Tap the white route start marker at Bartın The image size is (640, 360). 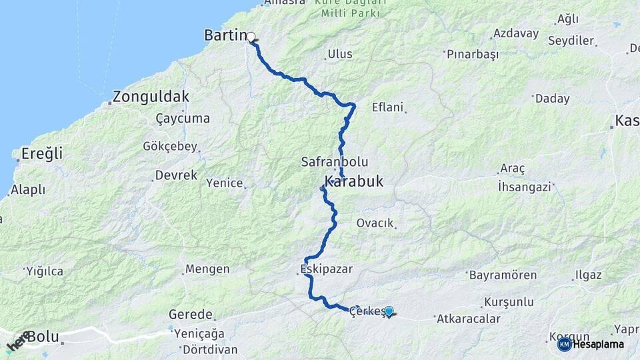point(252,37)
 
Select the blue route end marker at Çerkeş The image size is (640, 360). point(389,310)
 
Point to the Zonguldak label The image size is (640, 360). point(151,97)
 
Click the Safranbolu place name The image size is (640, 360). point(335,162)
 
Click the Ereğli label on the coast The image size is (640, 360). point(42,153)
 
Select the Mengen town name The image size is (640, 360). point(207,269)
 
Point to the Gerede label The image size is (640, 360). point(190,314)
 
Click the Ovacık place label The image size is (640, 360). point(375,223)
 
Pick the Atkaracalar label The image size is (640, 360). point(468,319)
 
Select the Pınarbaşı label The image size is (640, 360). point(473,55)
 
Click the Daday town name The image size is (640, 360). point(552,99)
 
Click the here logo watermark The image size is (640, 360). point(18,341)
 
